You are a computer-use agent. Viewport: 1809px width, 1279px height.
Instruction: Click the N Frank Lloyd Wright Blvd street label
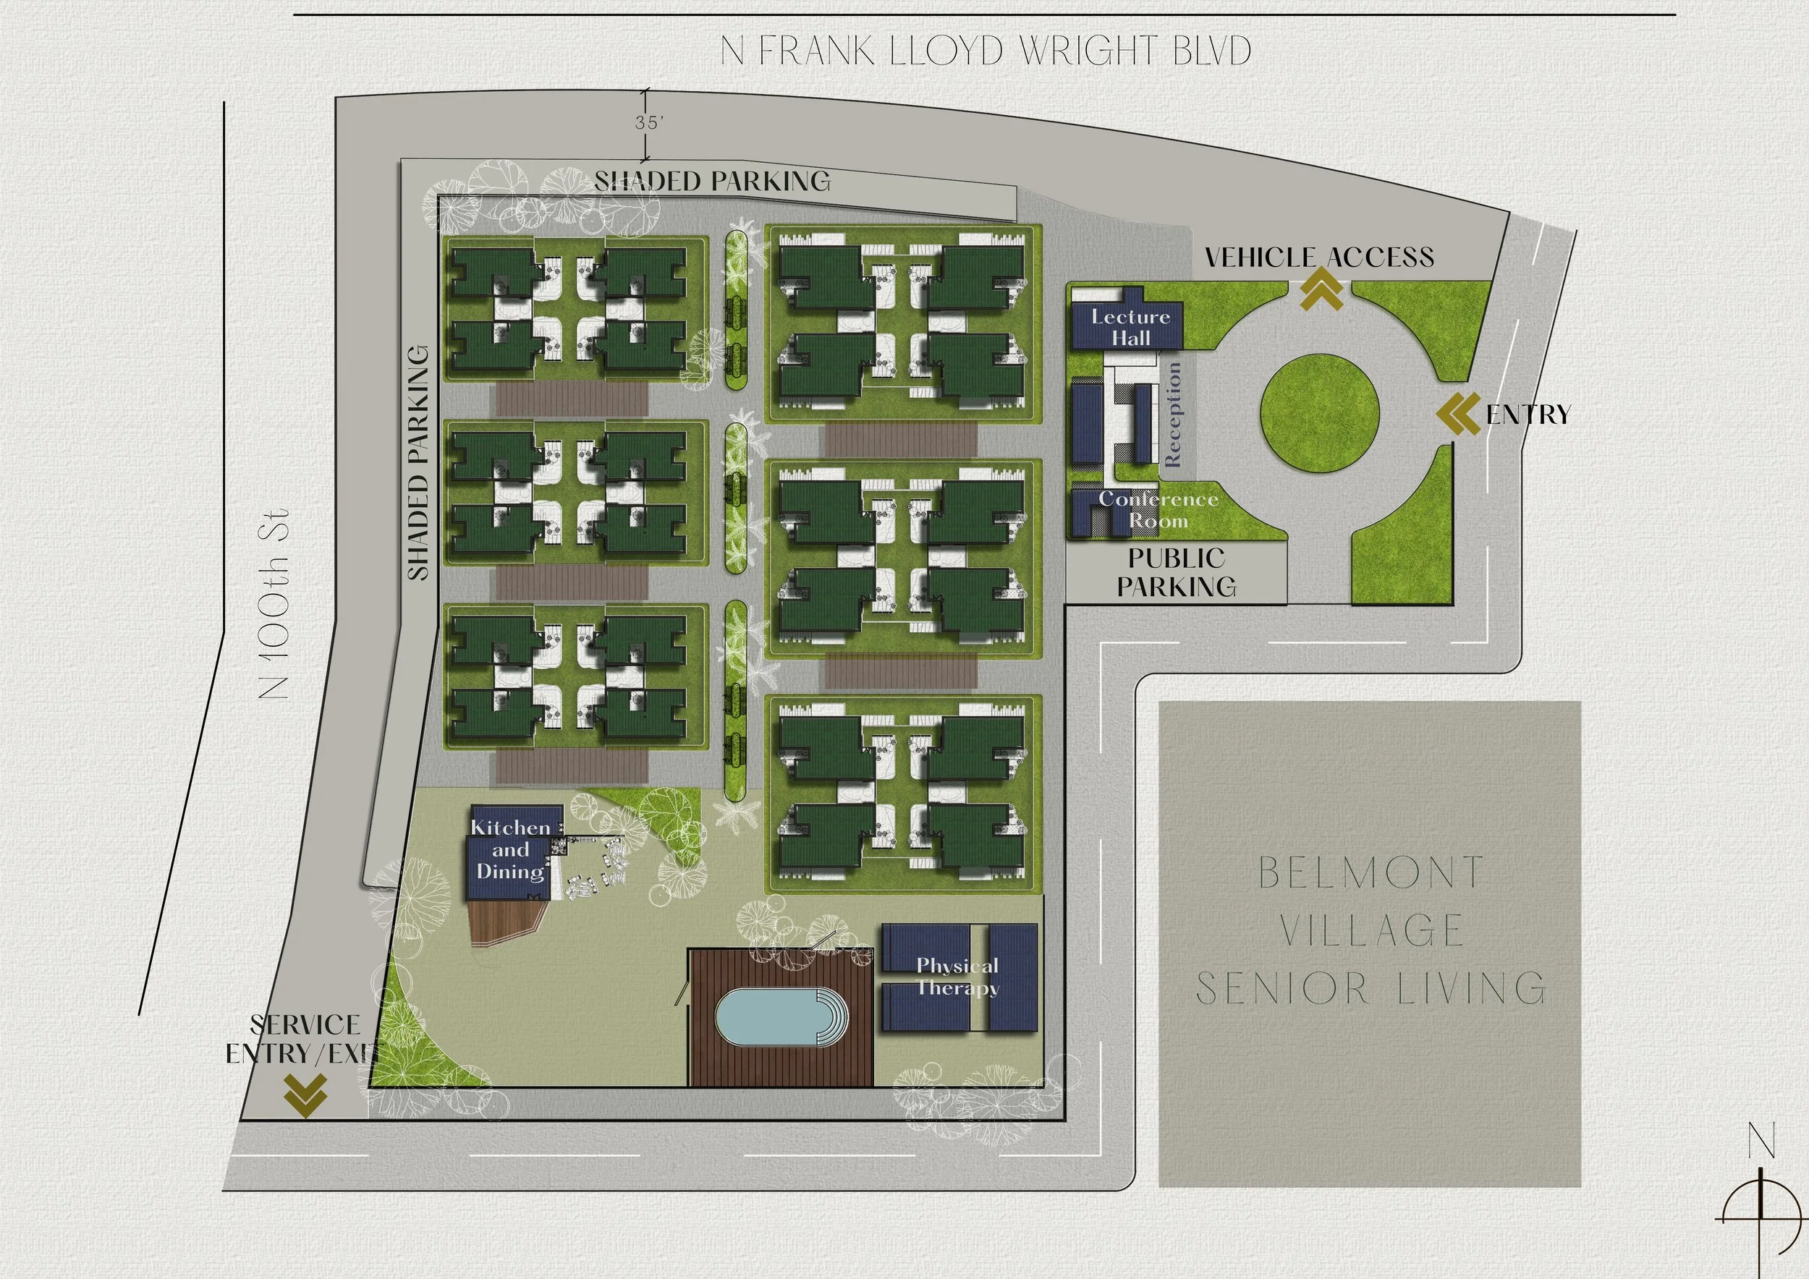point(986,51)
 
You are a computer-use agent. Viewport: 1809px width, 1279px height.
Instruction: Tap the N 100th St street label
point(274,604)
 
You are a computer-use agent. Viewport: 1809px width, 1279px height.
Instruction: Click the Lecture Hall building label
point(1130,327)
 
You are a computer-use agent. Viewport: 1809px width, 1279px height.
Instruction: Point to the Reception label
point(1173,415)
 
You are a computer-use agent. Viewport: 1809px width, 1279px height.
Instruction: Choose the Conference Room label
point(1158,509)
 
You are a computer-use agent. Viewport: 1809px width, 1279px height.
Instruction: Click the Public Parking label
point(1177,572)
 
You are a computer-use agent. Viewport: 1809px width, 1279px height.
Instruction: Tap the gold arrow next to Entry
point(1458,415)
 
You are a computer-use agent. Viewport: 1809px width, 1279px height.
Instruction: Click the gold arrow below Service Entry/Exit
point(305,1095)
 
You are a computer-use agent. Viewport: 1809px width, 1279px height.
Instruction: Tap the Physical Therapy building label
point(957,976)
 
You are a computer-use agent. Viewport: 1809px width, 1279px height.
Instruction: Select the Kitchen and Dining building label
point(511,849)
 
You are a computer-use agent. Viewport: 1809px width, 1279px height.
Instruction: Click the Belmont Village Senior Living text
point(1371,931)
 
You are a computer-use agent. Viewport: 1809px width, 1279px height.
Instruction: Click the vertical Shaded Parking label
point(418,463)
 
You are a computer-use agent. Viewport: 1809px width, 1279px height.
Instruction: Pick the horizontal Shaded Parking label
point(712,181)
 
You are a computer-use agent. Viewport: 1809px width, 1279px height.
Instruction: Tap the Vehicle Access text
point(1320,257)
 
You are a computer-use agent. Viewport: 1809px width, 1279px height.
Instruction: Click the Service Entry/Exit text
point(302,1039)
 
